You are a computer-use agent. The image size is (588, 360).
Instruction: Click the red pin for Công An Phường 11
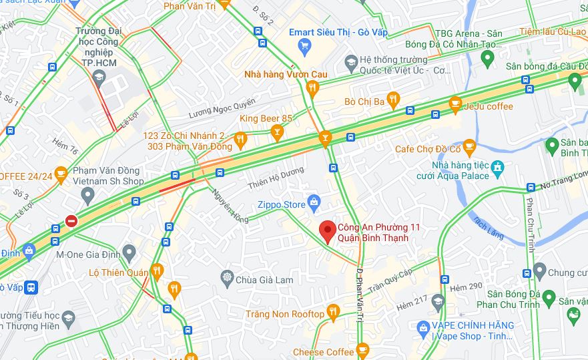point(327,230)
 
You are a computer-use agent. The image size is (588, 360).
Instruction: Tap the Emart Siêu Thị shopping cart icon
point(305,45)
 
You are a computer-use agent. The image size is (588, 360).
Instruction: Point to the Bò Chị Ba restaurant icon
point(393,100)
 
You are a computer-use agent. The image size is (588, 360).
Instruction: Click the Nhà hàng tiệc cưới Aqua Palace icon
point(497,167)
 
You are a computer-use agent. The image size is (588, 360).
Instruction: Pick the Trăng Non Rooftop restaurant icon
point(332,312)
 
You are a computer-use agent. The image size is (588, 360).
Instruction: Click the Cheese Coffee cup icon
point(362,349)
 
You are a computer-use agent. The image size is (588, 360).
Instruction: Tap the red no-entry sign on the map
point(71,220)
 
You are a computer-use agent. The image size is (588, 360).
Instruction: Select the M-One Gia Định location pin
point(129,252)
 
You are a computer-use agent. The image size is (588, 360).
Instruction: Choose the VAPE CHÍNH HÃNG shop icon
point(422,327)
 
